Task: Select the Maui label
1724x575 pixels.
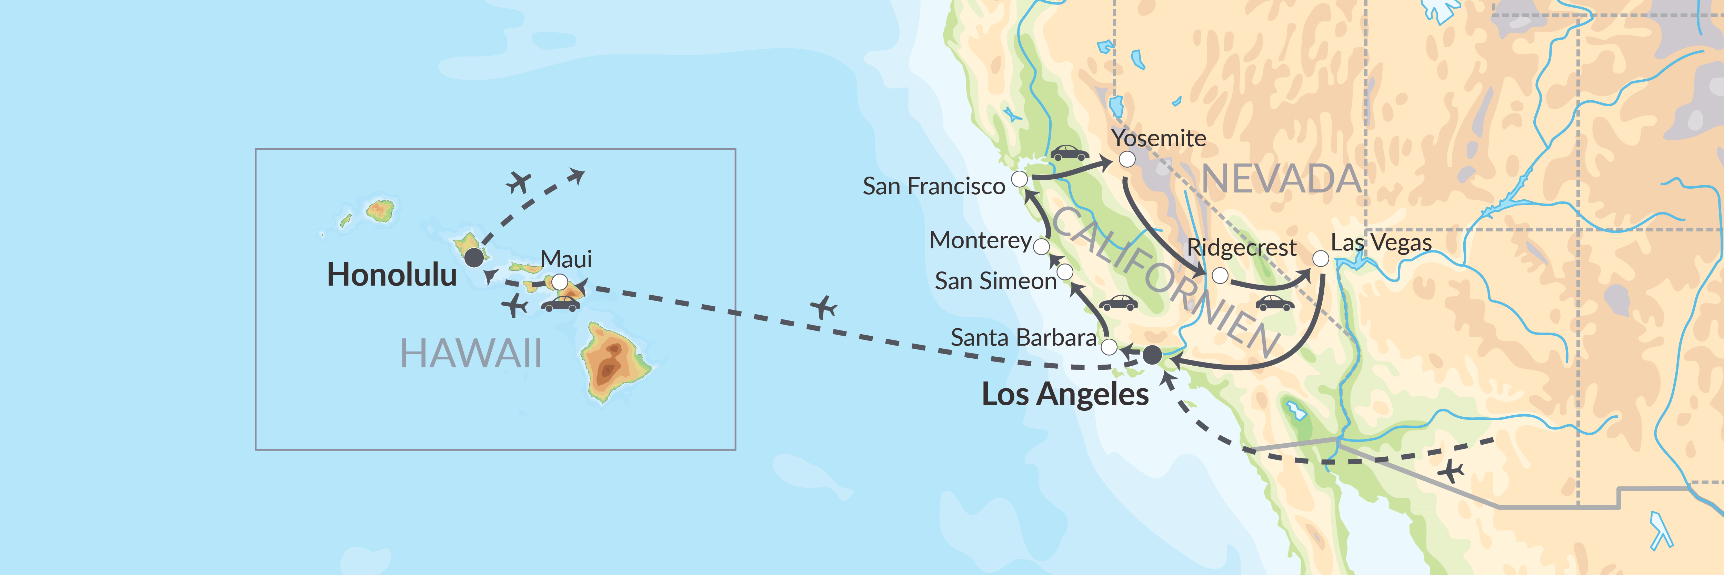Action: pos(566,259)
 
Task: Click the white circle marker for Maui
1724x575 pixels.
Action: pos(560,281)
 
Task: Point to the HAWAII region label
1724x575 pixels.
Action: pos(471,354)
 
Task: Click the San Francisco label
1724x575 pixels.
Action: pos(934,186)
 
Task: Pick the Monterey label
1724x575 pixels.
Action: pos(981,240)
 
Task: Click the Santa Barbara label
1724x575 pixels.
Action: pos(1023,337)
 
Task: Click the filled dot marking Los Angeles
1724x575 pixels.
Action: pos(1152,355)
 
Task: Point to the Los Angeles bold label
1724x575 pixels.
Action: pos(1065,394)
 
